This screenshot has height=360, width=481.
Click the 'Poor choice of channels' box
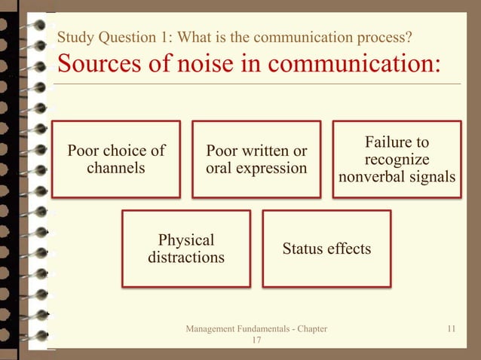116,159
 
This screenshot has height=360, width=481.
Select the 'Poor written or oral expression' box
256,159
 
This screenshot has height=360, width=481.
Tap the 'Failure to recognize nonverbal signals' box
397,159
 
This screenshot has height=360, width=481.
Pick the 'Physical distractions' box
186,249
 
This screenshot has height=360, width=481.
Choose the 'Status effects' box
326,249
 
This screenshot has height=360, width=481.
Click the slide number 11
452,329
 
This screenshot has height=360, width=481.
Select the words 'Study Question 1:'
103,37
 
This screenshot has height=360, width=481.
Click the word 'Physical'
186,240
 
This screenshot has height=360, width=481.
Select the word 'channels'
116,168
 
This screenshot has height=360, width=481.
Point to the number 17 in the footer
256,341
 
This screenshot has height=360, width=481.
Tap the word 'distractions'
186,258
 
